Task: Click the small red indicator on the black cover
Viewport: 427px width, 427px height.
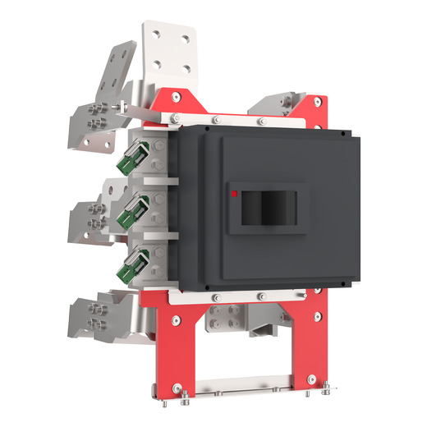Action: click(x=236, y=195)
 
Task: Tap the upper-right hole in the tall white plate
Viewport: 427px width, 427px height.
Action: click(x=188, y=38)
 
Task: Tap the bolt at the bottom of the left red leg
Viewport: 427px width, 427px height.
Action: click(x=179, y=398)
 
